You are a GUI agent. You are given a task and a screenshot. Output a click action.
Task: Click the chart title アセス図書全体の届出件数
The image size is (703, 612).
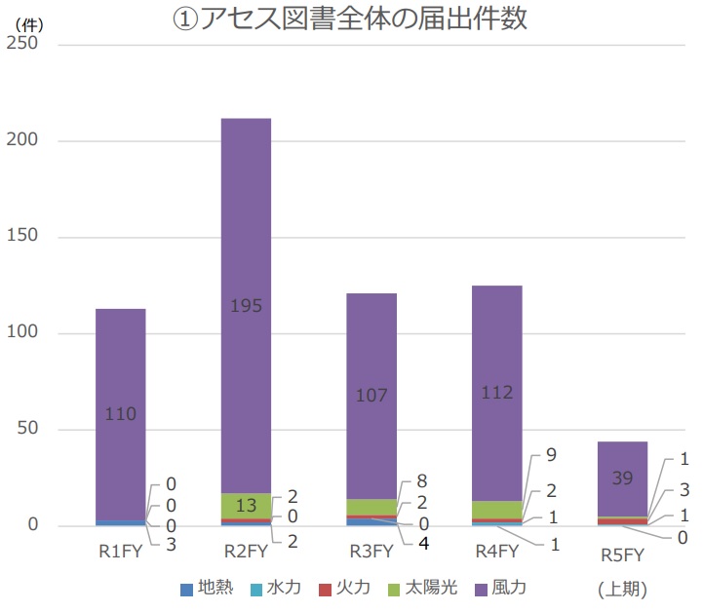click(x=350, y=20)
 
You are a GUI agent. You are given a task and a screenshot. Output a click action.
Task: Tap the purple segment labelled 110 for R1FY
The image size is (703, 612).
click(x=120, y=370)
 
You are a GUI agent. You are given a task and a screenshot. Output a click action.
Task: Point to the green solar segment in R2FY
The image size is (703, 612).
click(x=246, y=506)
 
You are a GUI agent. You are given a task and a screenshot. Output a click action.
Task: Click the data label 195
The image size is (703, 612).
click(x=246, y=306)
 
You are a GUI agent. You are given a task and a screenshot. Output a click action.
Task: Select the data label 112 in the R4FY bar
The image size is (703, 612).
click(x=496, y=393)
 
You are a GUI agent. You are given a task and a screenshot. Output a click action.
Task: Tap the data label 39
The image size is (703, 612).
click(x=622, y=477)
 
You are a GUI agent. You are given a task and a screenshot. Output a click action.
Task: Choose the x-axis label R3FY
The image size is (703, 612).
click(x=371, y=552)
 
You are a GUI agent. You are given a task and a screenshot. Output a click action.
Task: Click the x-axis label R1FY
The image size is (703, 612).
click(x=120, y=552)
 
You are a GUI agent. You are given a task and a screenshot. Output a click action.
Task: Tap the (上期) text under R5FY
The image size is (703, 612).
click(x=622, y=589)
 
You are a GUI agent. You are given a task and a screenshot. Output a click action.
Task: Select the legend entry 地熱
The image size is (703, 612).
click(x=207, y=588)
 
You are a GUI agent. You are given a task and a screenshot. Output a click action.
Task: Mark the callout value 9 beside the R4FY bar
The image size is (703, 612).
click(x=552, y=454)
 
